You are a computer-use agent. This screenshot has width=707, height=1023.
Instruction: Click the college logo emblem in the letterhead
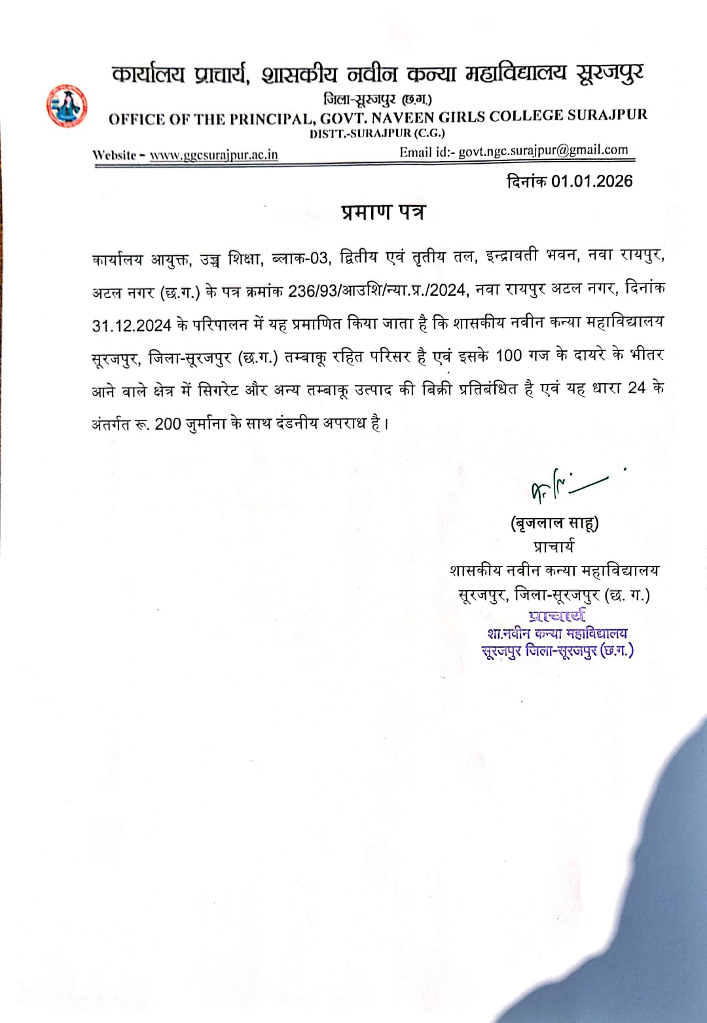pyautogui.click(x=67, y=105)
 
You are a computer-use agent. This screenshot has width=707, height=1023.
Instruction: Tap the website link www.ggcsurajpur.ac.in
pyautogui.click(x=213, y=155)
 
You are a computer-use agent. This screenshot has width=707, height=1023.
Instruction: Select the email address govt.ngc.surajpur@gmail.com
pyautogui.click(x=543, y=151)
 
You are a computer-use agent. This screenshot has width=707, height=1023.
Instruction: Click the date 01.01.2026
pyautogui.click(x=592, y=181)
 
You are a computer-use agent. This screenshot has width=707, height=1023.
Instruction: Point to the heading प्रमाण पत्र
pyautogui.click(x=383, y=212)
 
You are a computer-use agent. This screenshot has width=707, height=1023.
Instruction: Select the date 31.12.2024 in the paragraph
pyautogui.click(x=132, y=325)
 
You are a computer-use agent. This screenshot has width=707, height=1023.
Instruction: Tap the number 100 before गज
pyautogui.click(x=508, y=356)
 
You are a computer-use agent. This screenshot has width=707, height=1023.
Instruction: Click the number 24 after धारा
pyautogui.click(x=636, y=388)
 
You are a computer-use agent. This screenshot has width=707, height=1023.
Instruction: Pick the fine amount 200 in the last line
pyautogui.click(x=168, y=424)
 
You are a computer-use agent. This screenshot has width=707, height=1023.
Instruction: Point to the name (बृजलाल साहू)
pyautogui.click(x=554, y=523)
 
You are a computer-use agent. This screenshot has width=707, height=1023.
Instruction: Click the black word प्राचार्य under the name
pyautogui.click(x=554, y=546)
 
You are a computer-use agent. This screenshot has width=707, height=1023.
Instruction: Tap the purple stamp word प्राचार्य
pyautogui.click(x=557, y=616)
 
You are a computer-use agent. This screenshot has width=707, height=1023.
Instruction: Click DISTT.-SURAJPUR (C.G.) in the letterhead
pyautogui.click(x=377, y=133)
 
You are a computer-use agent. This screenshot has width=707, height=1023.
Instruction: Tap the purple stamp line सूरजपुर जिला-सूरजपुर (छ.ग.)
pyautogui.click(x=557, y=651)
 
